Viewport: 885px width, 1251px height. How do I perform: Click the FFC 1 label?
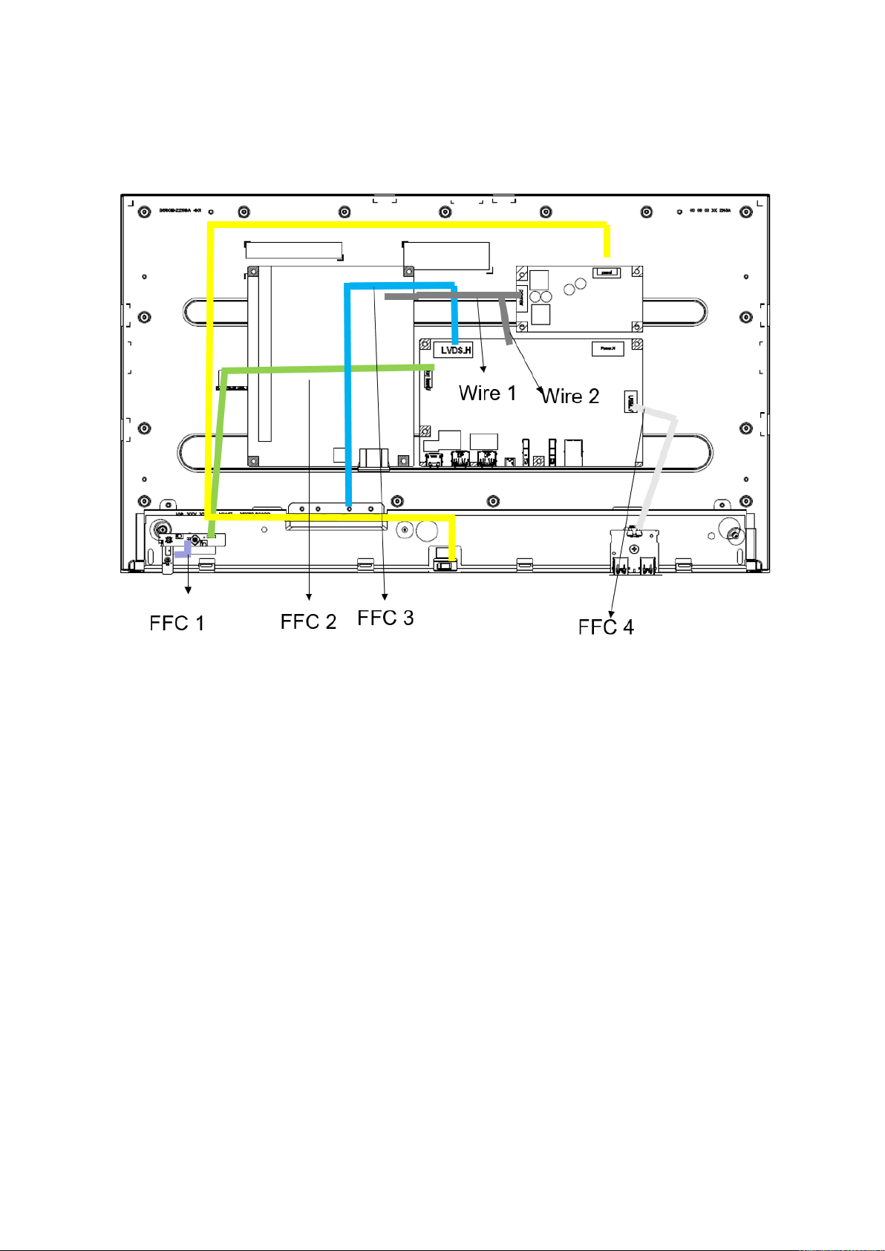(x=177, y=623)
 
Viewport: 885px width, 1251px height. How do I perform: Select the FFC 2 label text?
(x=308, y=621)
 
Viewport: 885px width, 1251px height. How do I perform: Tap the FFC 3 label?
(x=385, y=618)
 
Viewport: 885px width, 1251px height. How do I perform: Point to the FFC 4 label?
(x=606, y=627)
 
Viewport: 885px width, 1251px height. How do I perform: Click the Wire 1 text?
(x=487, y=393)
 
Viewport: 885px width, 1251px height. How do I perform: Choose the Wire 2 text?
(x=570, y=396)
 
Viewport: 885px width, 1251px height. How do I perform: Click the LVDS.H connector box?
(x=453, y=350)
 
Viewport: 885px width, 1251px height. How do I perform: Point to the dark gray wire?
(x=445, y=296)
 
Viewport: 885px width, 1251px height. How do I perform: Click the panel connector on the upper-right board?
(x=607, y=273)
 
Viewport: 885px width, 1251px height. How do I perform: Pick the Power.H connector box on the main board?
(x=607, y=348)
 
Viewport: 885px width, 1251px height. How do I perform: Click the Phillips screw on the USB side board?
(x=633, y=549)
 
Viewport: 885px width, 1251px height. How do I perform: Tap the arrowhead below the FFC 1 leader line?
(x=188, y=590)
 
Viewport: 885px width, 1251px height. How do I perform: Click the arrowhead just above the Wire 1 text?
(x=485, y=368)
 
